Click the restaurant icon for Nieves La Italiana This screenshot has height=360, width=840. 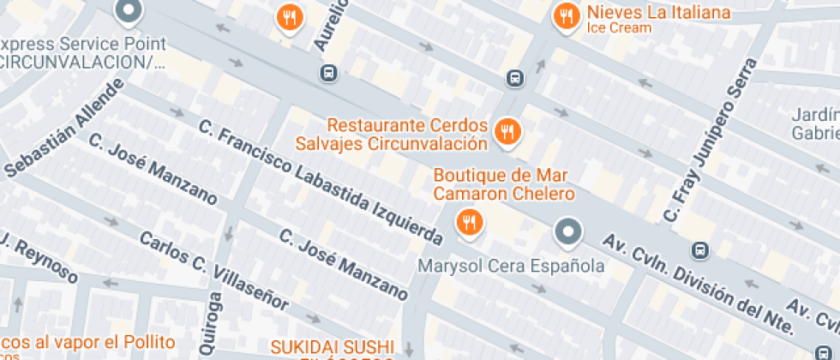[x=566, y=15]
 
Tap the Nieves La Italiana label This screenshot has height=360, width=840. [x=658, y=13]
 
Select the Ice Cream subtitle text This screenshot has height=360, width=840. [x=619, y=28]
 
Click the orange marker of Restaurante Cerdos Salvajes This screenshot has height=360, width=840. [x=507, y=132]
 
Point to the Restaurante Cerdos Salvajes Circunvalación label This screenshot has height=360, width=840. [x=395, y=135]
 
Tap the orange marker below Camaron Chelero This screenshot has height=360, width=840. [x=468, y=223]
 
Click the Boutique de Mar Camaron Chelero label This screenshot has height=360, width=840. [x=503, y=184]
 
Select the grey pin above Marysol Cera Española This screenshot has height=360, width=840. [x=567, y=231]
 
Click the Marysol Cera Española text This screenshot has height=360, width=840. [x=511, y=267]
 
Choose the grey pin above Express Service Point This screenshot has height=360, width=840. [x=129, y=10]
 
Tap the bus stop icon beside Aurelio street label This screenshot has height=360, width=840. [x=327, y=74]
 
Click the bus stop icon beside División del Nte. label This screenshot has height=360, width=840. [x=700, y=250]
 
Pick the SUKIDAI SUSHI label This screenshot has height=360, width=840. [x=333, y=347]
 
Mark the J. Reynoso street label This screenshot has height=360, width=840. [x=39, y=257]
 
